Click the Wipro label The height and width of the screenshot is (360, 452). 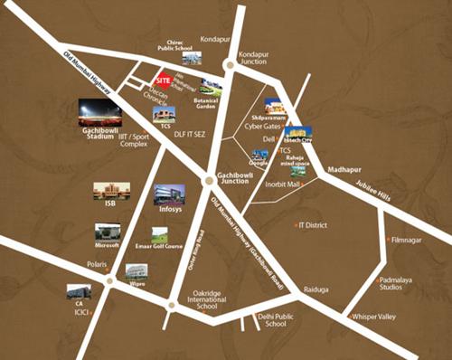(137, 281)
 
